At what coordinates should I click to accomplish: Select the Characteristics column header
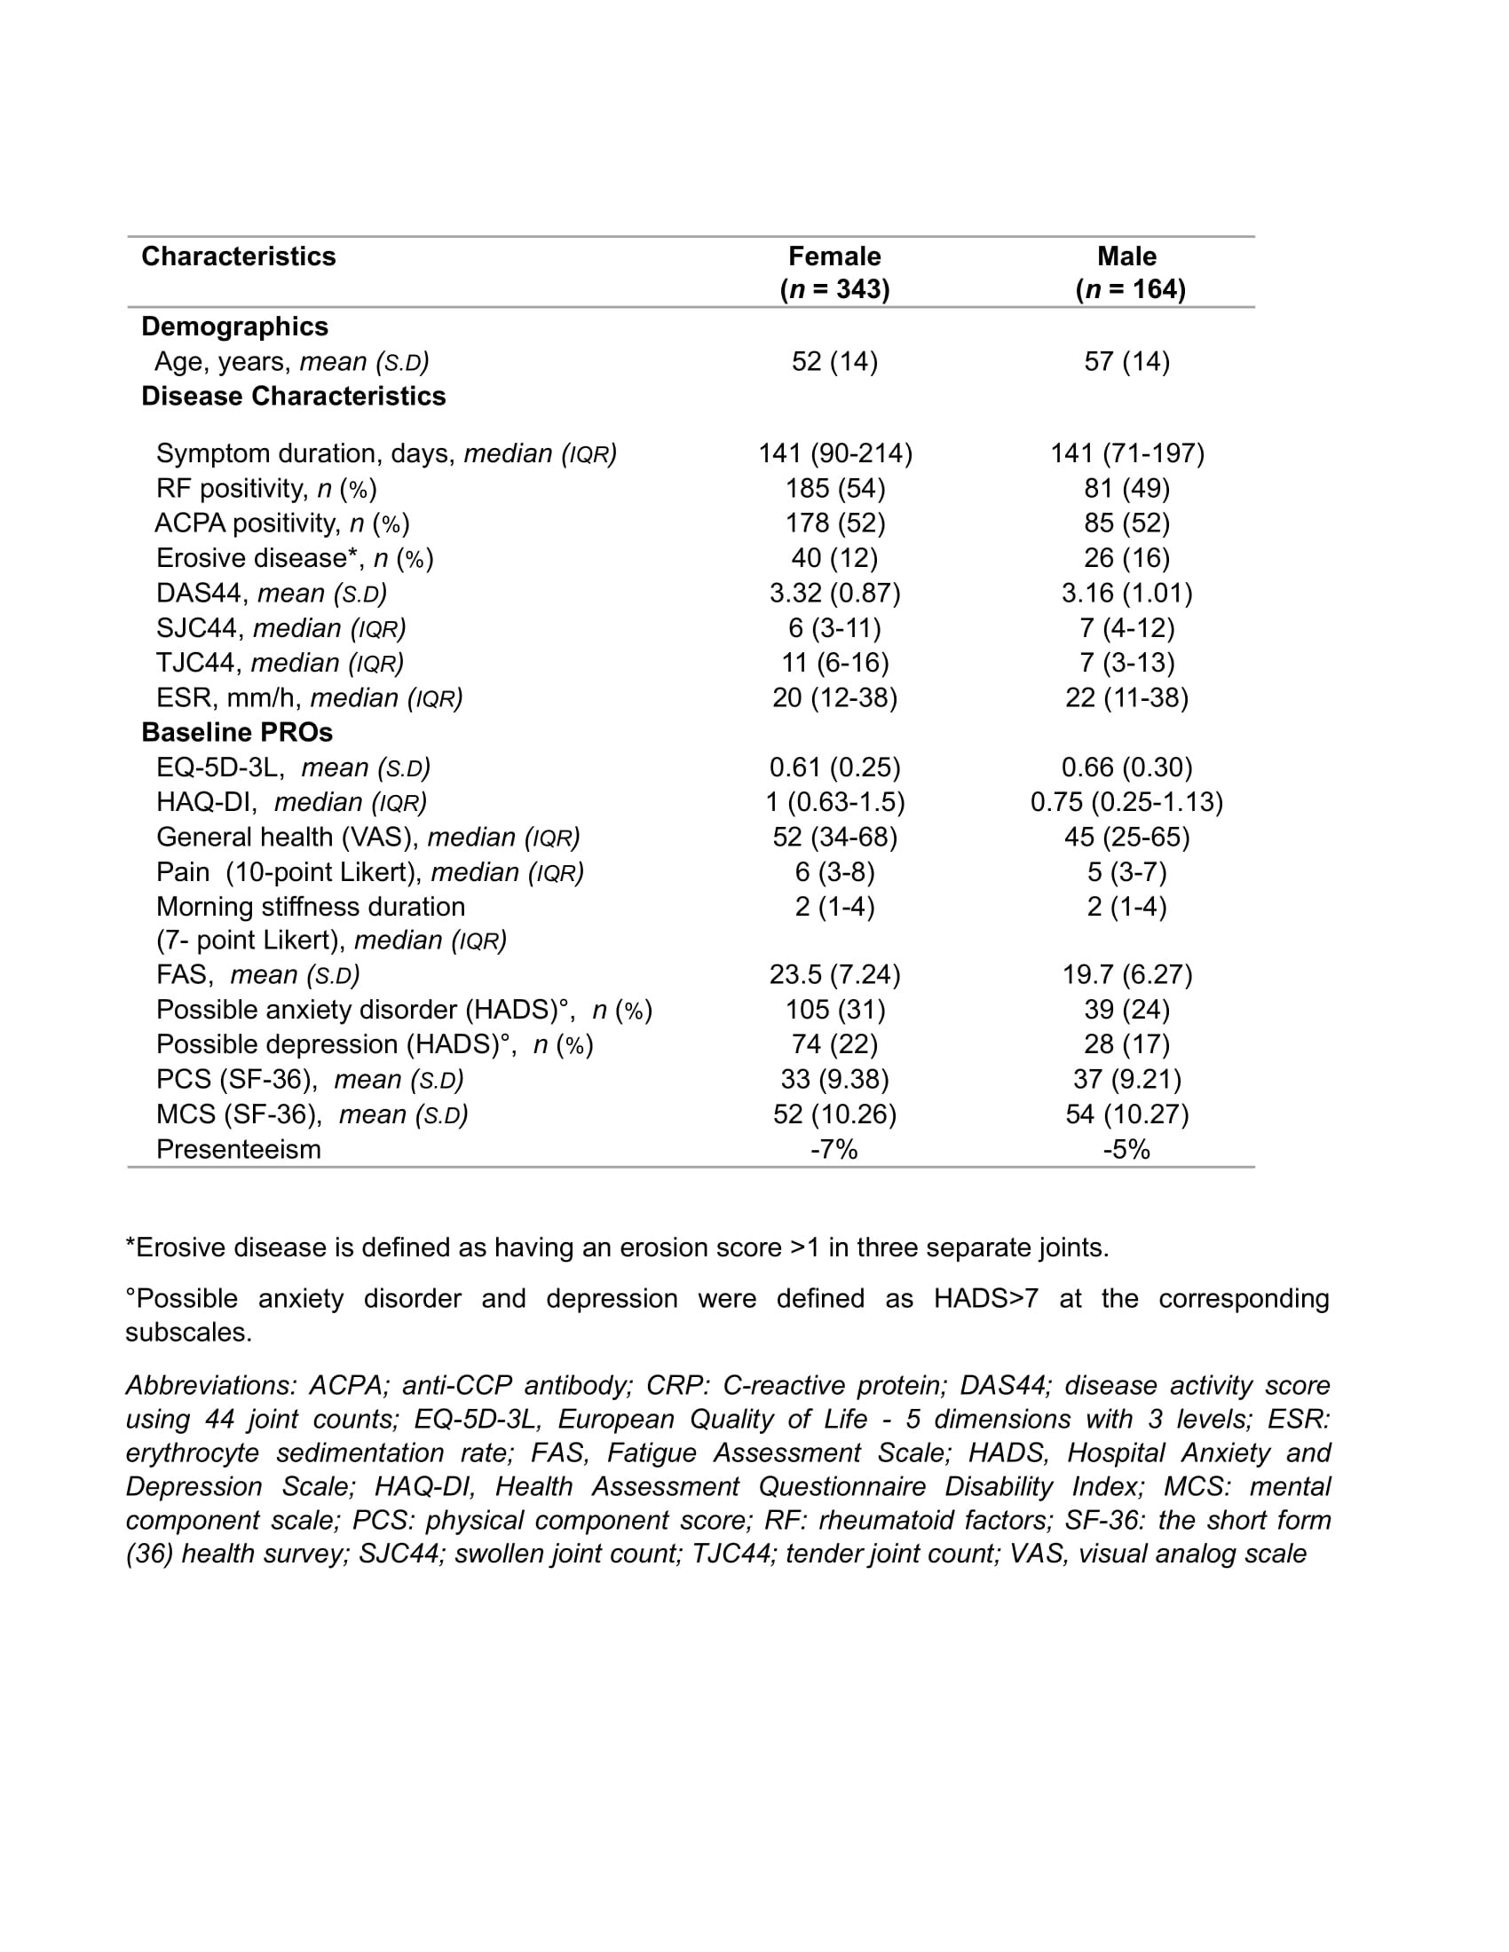tap(239, 256)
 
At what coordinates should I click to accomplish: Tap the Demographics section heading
tap(235, 327)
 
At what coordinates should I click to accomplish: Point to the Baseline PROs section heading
tap(237, 732)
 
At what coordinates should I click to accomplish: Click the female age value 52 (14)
tap(834, 361)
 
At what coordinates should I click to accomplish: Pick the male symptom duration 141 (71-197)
tap(1126, 453)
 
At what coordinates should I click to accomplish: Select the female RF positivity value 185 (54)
tap(834, 488)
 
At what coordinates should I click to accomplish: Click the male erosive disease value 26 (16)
tap(1126, 558)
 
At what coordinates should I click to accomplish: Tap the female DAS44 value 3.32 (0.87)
tap(834, 593)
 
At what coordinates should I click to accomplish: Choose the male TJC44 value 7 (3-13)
tap(1126, 662)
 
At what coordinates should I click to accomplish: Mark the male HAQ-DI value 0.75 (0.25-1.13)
tap(1126, 802)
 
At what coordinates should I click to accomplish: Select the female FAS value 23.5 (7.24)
tap(834, 974)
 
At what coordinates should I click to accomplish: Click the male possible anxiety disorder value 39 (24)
tap(1126, 1009)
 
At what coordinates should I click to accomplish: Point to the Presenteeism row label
tap(239, 1148)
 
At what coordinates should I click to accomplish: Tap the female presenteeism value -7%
tap(834, 1148)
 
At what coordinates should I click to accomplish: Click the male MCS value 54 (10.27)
tap(1126, 1114)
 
